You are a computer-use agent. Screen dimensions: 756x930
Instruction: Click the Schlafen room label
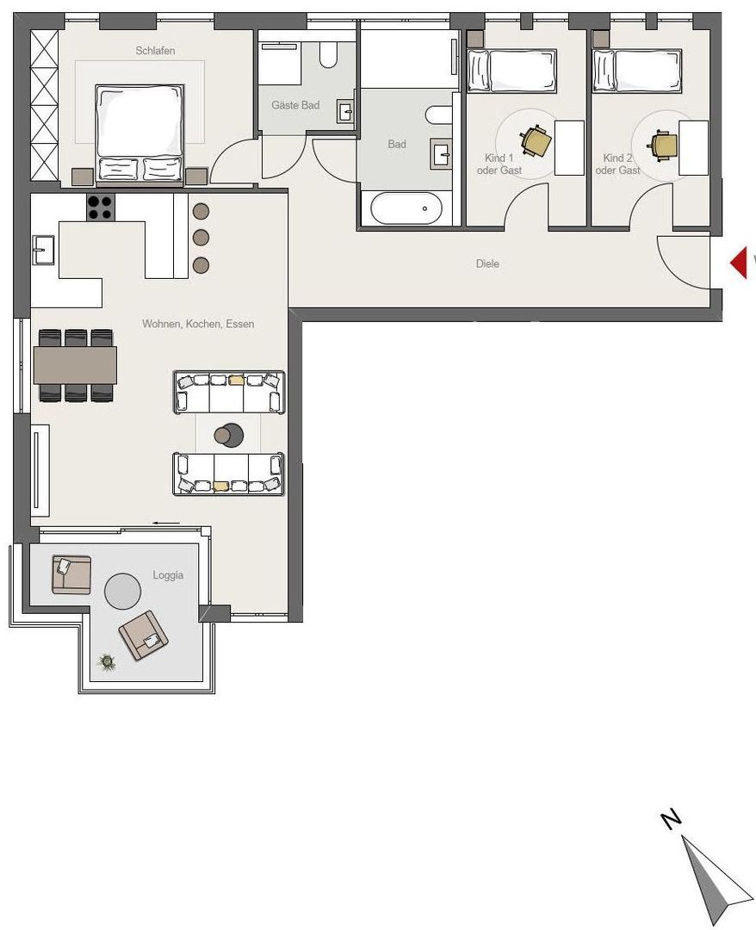(155, 51)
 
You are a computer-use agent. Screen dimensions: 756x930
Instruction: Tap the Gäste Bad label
(295, 105)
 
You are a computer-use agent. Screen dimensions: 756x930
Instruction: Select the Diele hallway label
(487, 264)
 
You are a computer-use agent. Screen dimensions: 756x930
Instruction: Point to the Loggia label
(168, 575)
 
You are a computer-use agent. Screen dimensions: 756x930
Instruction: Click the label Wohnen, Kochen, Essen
(198, 324)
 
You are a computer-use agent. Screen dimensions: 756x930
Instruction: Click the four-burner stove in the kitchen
(100, 208)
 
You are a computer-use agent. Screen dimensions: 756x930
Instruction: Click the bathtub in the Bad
(406, 208)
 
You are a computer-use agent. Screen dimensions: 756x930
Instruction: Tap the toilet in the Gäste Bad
(328, 54)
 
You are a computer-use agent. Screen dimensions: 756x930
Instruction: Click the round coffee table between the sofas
(229, 436)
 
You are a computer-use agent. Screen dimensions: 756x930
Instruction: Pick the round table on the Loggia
(123, 591)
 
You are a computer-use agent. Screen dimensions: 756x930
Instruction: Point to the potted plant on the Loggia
(107, 660)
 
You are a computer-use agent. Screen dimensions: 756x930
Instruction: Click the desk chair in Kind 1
(536, 141)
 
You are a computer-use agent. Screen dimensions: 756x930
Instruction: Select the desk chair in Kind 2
(664, 145)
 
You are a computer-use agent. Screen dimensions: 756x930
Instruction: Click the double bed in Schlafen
(139, 133)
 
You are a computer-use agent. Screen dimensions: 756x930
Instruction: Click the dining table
(75, 364)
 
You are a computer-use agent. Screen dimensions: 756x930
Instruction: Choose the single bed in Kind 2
(637, 71)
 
